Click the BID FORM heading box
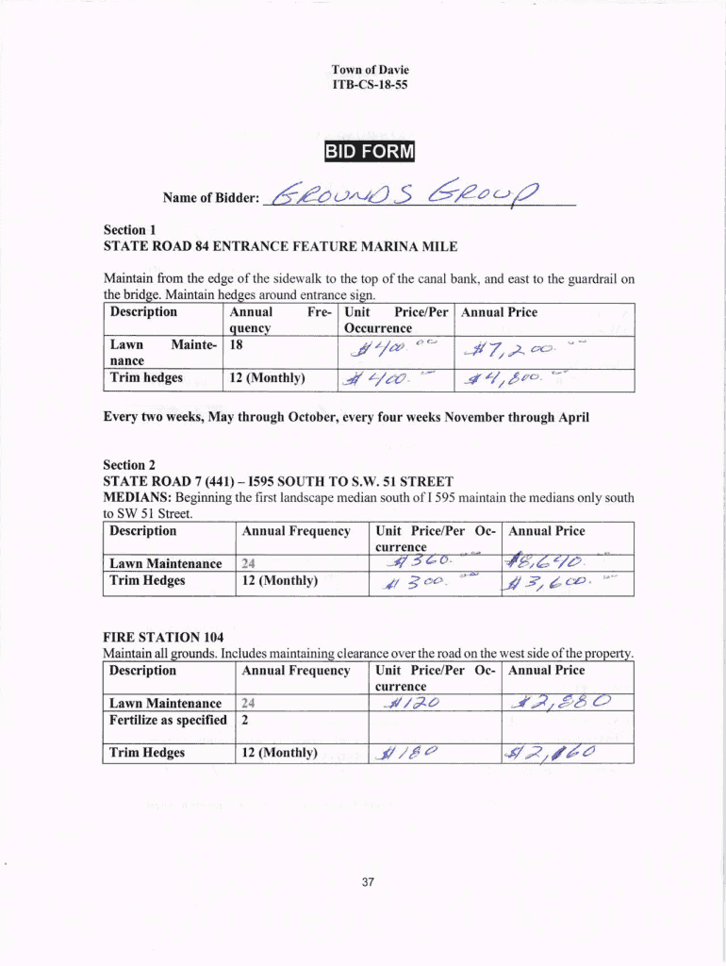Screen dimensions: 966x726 coord(370,153)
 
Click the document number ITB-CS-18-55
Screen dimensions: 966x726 coord(370,85)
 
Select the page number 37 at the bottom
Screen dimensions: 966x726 coord(368,882)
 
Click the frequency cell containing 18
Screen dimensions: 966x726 coord(237,345)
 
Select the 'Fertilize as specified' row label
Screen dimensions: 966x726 coord(168,720)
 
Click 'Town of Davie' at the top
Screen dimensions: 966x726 coord(370,70)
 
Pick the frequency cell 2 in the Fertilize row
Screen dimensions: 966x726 coord(245,720)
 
